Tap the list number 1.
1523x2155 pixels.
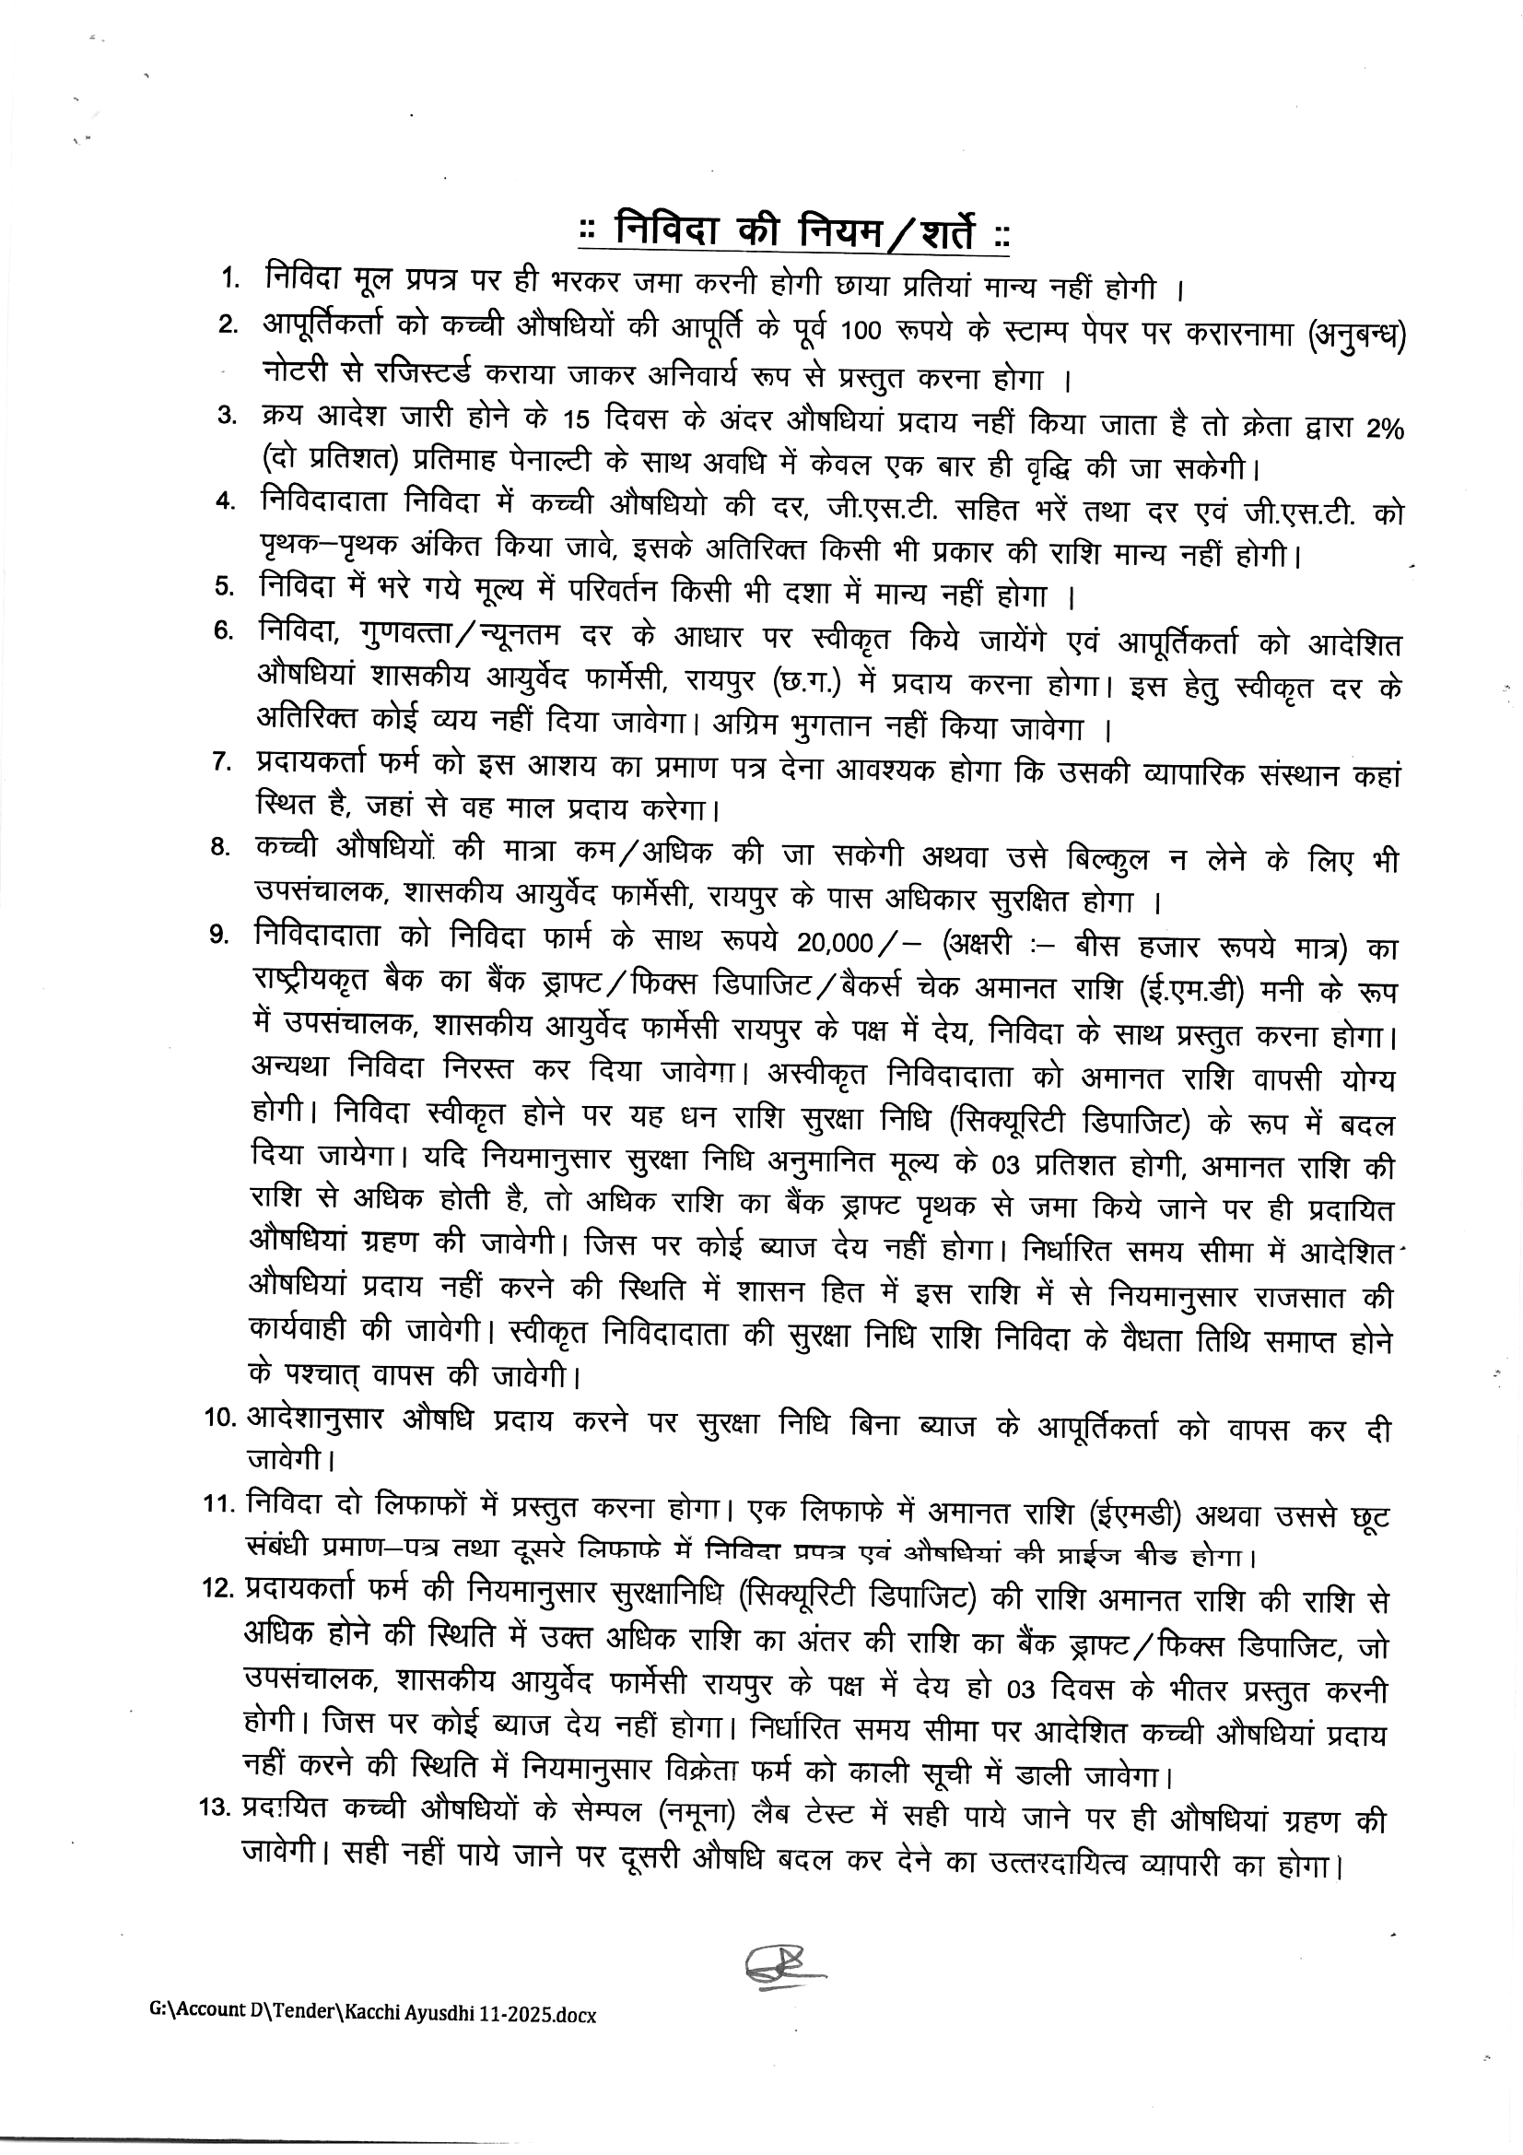(x=229, y=278)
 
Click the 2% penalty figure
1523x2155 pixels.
(x=1384, y=428)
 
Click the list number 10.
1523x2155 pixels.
(x=221, y=1419)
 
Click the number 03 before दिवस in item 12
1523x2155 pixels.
(x=1020, y=1690)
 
